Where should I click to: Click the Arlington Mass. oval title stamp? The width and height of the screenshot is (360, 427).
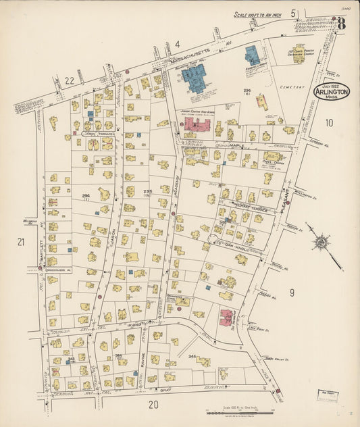[332, 91]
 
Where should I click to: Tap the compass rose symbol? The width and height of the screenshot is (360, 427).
[320, 242]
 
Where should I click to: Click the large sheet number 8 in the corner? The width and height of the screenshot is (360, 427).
[342, 22]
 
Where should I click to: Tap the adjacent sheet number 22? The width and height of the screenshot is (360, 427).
[70, 80]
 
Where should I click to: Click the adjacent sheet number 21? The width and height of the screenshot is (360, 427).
[21, 242]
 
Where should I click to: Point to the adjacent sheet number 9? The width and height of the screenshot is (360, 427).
[292, 292]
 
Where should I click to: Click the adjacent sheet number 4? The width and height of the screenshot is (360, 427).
[178, 45]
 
